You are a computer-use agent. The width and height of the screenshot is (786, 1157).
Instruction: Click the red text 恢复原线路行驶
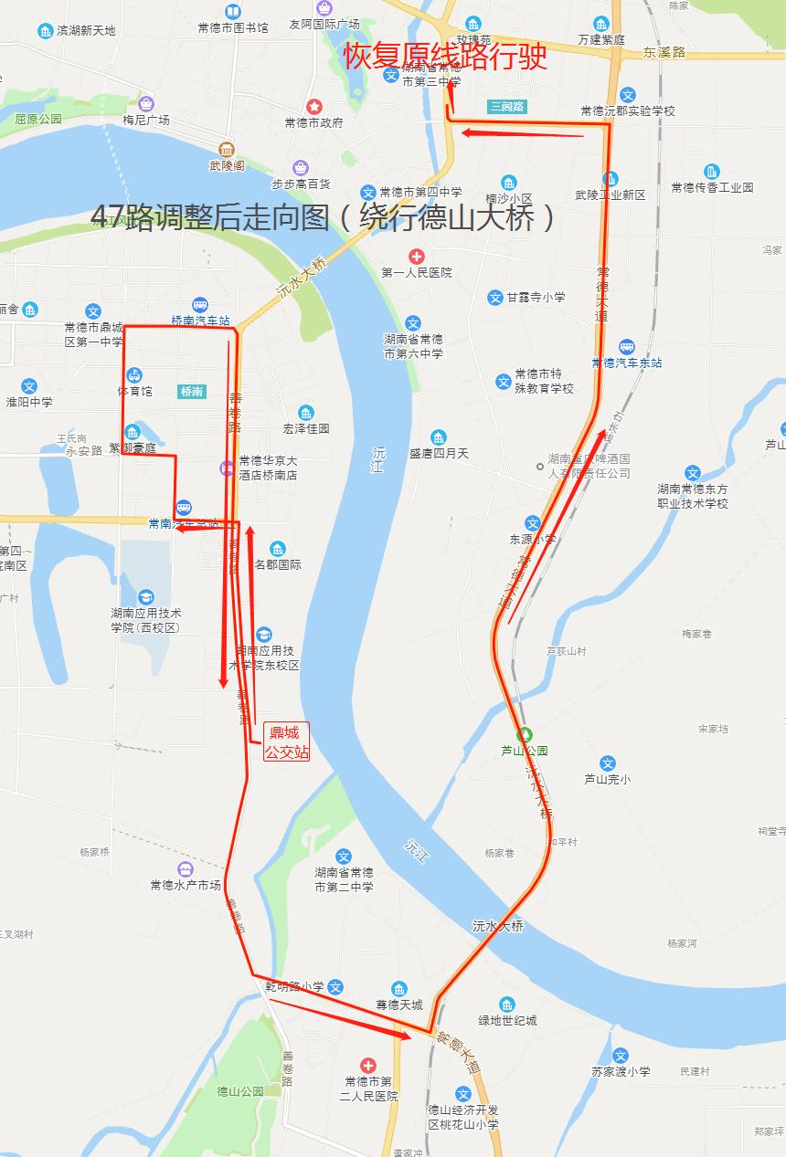point(445,57)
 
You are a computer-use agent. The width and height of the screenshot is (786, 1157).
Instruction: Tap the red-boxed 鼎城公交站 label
point(286,742)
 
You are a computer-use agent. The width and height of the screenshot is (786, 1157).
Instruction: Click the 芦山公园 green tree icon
point(525,733)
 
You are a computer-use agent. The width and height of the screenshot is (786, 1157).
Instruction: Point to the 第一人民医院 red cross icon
point(416,257)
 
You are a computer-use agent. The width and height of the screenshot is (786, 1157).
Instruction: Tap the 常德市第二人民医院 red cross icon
point(367,1066)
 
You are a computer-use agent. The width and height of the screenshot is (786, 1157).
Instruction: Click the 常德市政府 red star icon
point(313,107)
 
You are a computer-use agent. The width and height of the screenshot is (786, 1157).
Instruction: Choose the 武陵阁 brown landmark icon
point(227,149)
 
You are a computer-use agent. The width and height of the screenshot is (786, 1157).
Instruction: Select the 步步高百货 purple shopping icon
point(300,168)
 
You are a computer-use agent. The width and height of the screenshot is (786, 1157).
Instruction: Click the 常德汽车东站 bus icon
point(627,347)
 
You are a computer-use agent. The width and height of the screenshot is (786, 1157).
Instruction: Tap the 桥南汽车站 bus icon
point(200,305)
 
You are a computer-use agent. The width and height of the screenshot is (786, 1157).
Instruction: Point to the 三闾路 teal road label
point(507,106)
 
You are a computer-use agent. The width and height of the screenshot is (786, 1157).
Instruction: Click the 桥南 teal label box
point(192,392)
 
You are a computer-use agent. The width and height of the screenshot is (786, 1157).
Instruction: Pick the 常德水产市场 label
point(186,885)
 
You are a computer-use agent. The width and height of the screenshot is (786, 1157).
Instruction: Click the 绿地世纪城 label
point(507,1020)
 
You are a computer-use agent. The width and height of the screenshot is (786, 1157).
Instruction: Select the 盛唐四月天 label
point(439,453)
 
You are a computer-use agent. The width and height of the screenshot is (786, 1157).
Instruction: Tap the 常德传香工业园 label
point(712,187)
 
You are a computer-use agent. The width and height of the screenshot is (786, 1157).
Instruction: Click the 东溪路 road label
point(664,53)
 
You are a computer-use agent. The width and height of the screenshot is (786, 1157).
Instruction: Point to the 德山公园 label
point(240,1091)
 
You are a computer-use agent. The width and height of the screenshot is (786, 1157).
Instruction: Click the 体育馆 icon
point(134,375)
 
